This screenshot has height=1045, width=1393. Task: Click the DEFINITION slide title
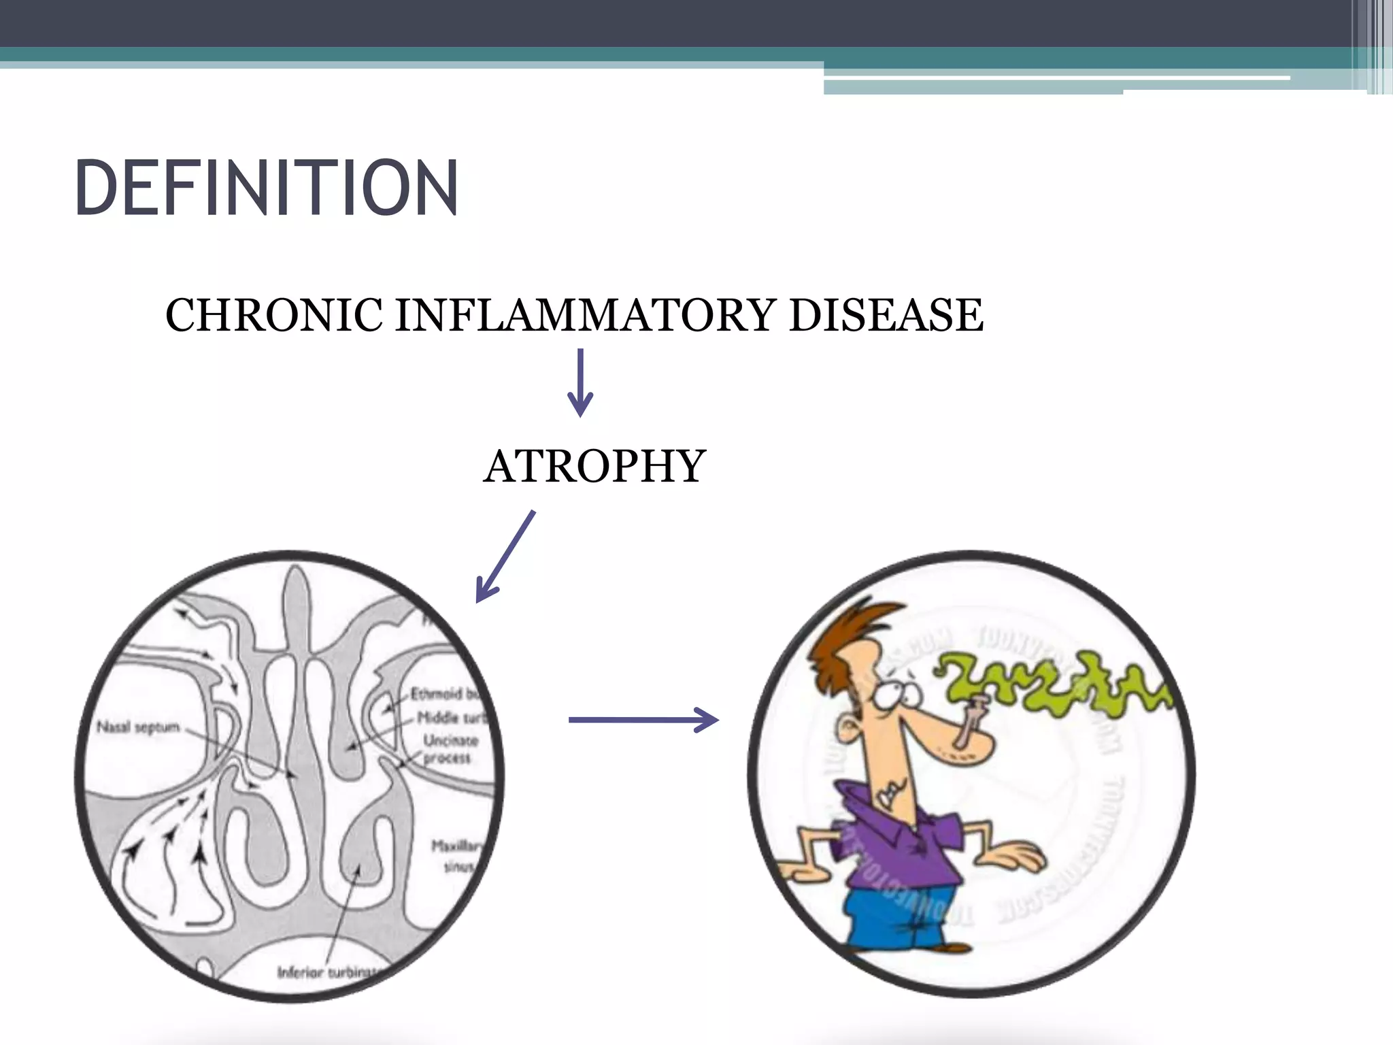tap(267, 188)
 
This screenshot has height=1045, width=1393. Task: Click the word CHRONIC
tap(273, 316)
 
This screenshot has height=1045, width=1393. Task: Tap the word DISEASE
tap(886, 316)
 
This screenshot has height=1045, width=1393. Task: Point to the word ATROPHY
tap(594, 467)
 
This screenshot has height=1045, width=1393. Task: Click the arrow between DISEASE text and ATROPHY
tap(580, 382)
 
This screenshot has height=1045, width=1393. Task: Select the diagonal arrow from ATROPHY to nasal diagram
tap(505, 557)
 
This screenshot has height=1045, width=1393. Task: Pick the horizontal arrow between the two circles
tap(643, 720)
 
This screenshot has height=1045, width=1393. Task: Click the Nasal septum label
tap(138, 727)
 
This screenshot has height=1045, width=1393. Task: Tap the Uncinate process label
tap(450, 749)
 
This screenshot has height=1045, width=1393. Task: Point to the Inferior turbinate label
tap(330, 972)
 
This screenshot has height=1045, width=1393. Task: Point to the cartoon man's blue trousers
tap(898, 915)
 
